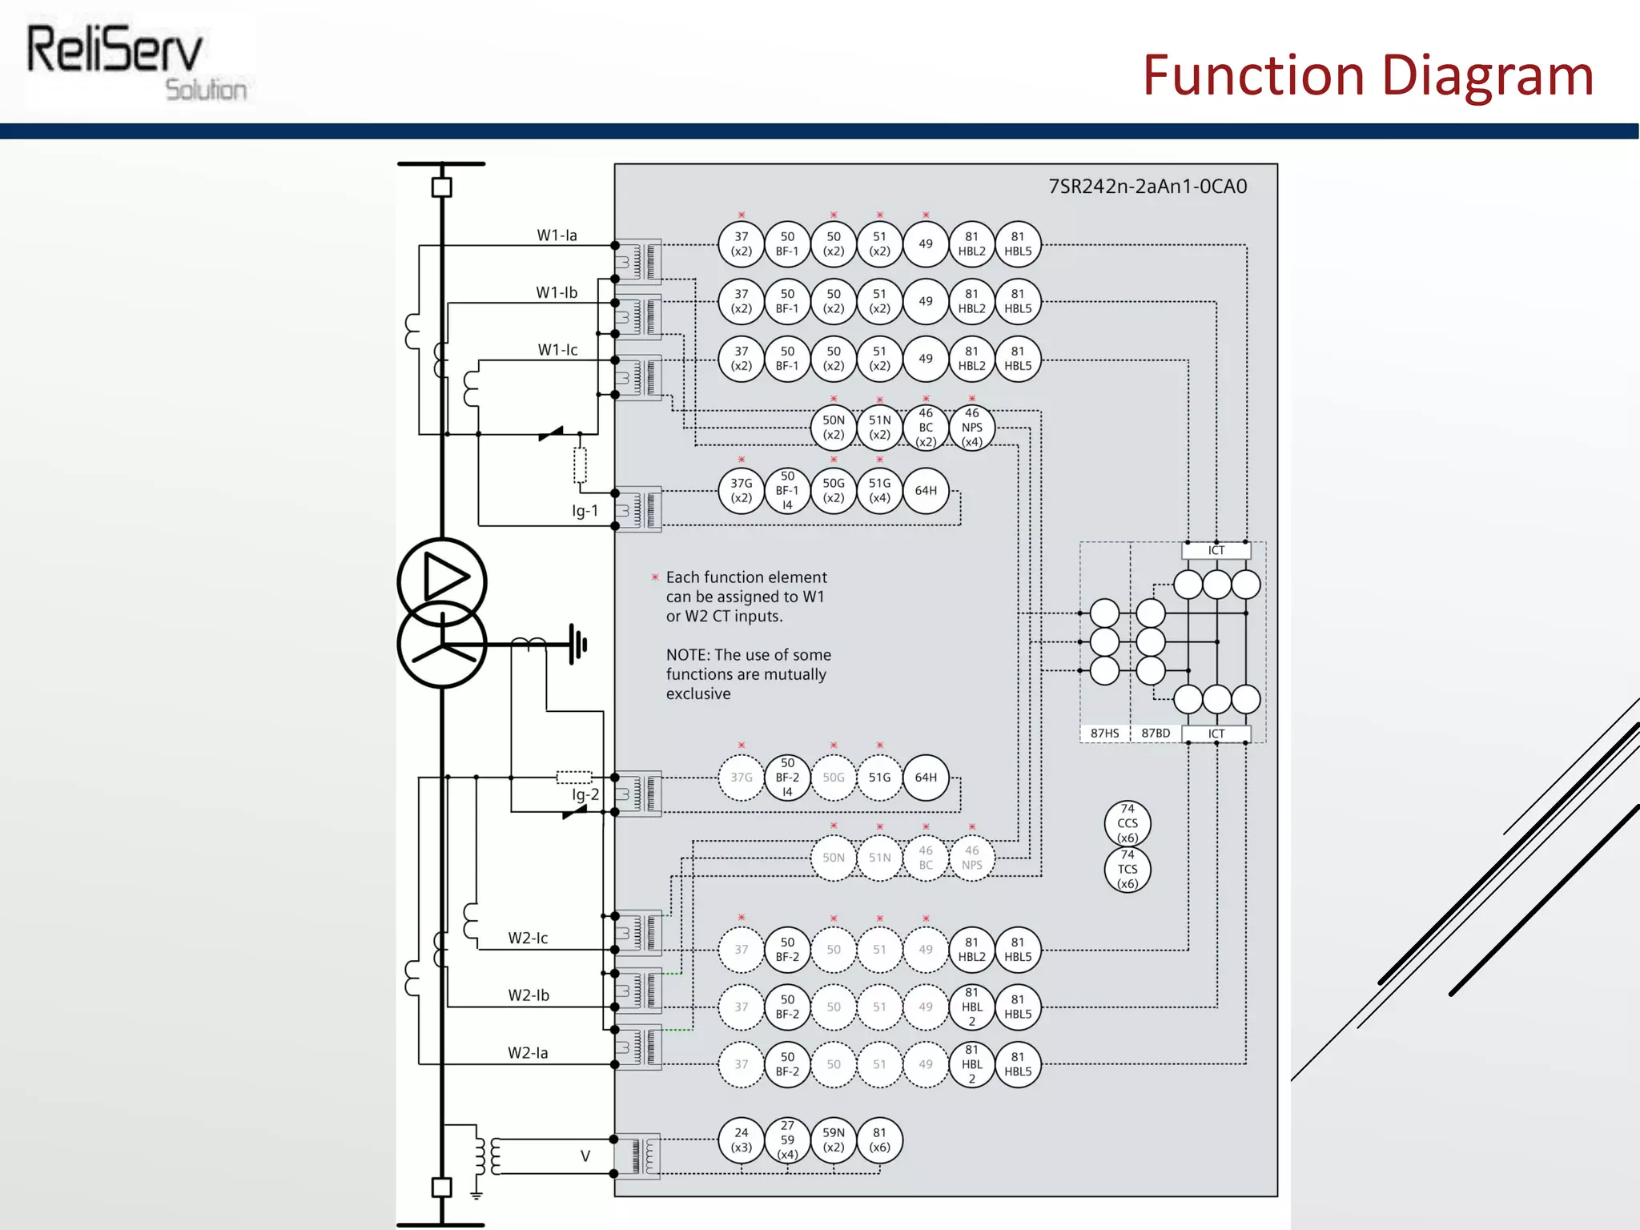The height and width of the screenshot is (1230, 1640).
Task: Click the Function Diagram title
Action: pyautogui.click(x=1368, y=75)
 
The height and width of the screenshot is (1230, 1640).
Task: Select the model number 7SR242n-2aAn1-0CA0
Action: pyautogui.click(x=1148, y=187)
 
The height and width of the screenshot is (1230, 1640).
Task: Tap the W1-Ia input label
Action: pyautogui.click(x=557, y=235)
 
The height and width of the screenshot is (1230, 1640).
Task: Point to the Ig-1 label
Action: pyautogui.click(x=585, y=511)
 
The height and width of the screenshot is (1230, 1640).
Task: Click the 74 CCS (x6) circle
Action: pyautogui.click(x=1127, y=823)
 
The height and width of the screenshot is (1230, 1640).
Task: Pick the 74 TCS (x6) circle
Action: pyautogui.click(x=1127, y=870)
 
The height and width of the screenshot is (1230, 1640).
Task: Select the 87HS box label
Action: pyautogui.click(x=1104, y=734)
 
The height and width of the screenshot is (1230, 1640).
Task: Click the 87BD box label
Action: pyautogui.click(x=1156, y=734)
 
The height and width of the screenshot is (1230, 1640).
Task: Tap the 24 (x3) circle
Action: pyautogui.click(x=742, y=1140)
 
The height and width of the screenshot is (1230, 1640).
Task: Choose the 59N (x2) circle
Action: pyautogui.click(x=834, y=1140)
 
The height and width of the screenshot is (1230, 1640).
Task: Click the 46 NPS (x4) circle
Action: pyautogui.click(x=971, y=428)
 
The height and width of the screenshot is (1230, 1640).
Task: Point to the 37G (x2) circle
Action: pyautogui.click(x=742, y=491)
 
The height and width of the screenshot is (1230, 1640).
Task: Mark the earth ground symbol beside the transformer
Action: pyautogui.click(x=579, y=644)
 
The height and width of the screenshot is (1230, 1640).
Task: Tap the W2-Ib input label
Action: pyautogui.click(x=529, y=995)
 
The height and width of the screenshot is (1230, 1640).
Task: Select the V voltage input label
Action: pyautogui.click(x=585, y=1156)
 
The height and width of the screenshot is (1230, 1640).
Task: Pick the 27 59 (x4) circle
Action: pyautogui.click(x=788, y=1140)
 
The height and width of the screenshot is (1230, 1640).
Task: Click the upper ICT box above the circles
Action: pyautogui.click(x=1216, y=551)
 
